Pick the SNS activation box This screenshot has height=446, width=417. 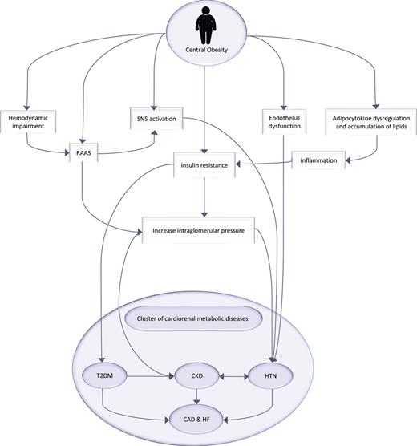(x=156, y=120)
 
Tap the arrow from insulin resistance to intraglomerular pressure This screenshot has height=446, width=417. (x=205, y=198)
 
